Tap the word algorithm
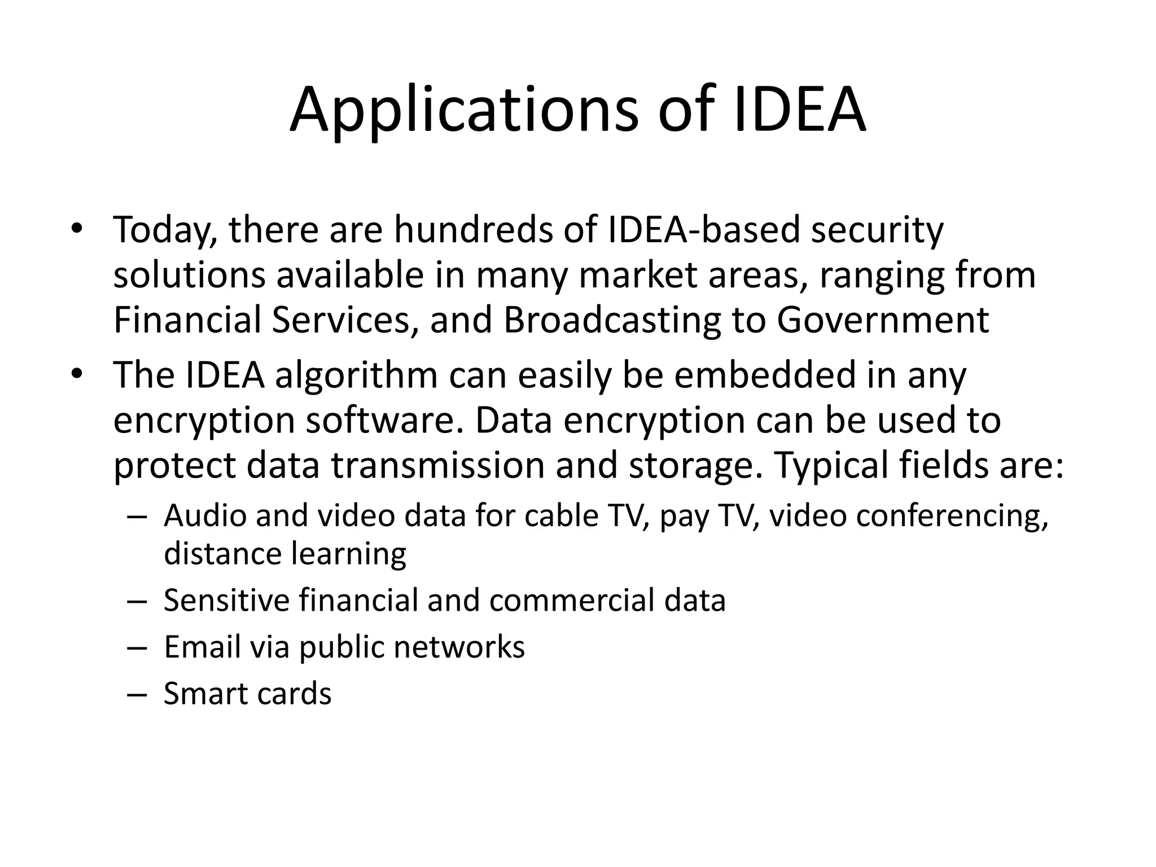356,375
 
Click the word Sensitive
226,599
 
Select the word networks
459,646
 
